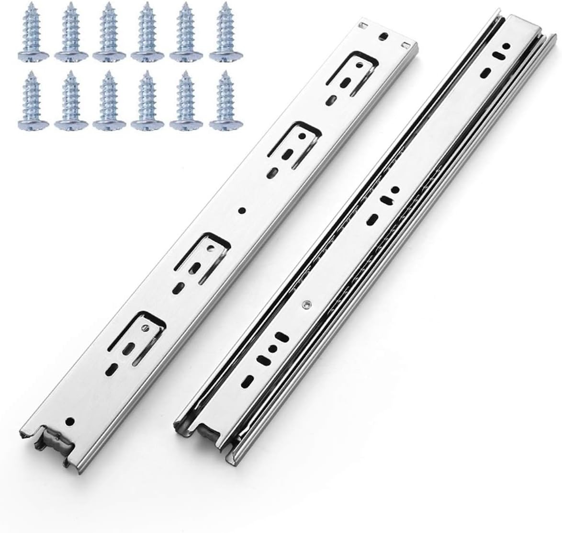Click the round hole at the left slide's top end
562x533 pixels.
(x=382, y=36)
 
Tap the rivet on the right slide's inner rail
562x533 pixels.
(x=305, y=303)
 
